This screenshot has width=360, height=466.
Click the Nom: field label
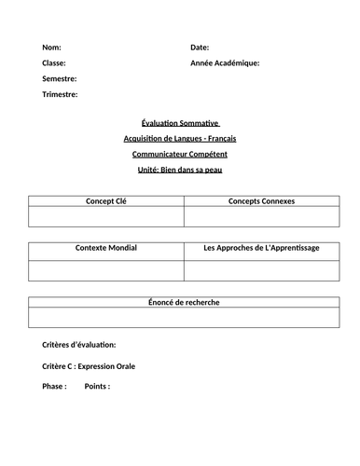[x=53, y=47]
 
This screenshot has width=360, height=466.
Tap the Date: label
[x=200, y=47]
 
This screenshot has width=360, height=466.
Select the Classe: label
[x=55, y=62]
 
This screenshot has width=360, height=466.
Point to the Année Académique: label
[x=225, y=62]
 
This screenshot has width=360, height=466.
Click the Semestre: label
[x=60, y=78]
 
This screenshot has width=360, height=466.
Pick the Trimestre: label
[x=61, y=94]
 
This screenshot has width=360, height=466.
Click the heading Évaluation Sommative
[x=180, y=122]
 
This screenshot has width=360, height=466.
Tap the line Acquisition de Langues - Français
[x=180, y=138]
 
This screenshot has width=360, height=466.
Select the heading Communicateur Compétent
[x=180, y=154]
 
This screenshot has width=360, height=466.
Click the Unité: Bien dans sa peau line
[x=180, y=170]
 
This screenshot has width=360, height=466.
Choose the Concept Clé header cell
[x=105, y=200]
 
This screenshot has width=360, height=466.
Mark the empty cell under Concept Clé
[x=105, y=216]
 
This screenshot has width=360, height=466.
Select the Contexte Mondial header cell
[x=105, y=250]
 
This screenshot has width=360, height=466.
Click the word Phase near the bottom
[x=54, y=386]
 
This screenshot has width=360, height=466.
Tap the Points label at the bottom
[x=98, y=386]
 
